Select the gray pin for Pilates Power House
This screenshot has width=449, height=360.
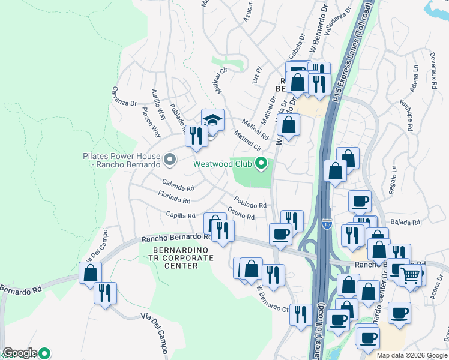(170, 160)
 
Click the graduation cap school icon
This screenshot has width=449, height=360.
(212, 120)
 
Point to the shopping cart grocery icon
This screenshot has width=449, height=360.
(411, 275)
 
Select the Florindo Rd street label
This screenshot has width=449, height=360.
(174, 198)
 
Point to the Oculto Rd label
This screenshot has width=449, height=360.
(241, 213)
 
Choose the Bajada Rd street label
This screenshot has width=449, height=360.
(405, 223)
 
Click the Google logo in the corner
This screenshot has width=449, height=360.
(20, 353)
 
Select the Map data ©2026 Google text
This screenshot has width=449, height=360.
(411, 355)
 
